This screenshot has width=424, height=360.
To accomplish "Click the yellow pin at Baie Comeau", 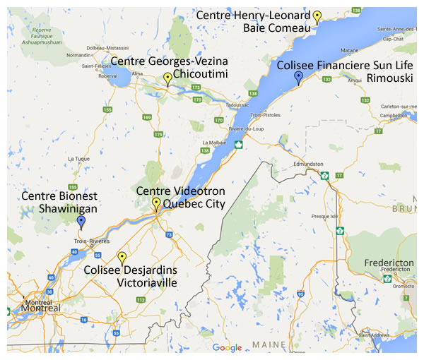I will pos(317,16).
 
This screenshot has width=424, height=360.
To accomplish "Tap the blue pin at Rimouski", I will pos(299,77).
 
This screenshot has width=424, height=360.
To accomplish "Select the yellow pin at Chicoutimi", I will pos(167,78).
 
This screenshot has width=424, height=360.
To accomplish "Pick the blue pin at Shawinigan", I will pos(81,222).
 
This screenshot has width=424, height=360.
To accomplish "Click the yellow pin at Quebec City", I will pos(156,204).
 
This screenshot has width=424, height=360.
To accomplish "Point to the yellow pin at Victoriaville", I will pos(122,258).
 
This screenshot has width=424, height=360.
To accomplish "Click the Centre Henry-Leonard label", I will pos(253,15).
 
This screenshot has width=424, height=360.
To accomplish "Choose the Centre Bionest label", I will pos(59,196).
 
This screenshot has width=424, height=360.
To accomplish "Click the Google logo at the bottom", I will pos(227,347).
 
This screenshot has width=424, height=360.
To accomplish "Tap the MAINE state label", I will pos(264,345).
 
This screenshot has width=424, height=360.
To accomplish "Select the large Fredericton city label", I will pos(388,263).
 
